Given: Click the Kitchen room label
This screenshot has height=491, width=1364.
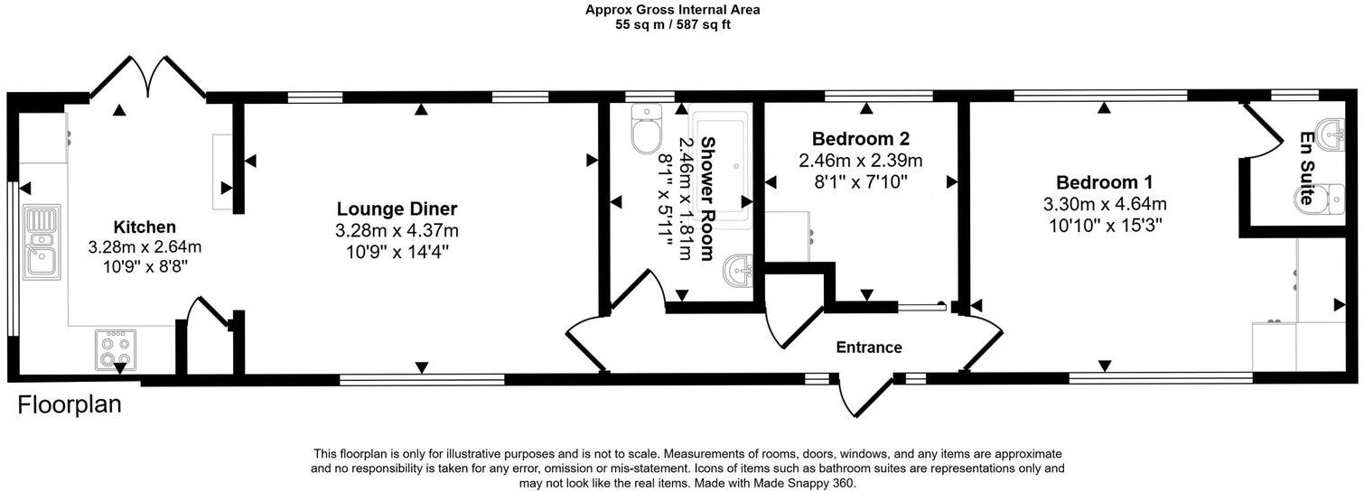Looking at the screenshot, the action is coord(145,227).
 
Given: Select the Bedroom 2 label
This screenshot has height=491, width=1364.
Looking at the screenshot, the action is coord(860,139).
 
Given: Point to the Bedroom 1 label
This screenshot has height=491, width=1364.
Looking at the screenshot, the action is coord(1104,181).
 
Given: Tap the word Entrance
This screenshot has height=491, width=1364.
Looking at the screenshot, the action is coord(868,347).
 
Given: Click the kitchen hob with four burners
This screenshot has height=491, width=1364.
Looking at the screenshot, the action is coord(117,349).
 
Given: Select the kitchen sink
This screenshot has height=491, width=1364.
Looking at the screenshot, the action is coord(42,242).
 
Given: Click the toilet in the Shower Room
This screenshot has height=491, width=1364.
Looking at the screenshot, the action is coord(646,129).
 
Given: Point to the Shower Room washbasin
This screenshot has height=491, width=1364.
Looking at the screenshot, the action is coord(739,269).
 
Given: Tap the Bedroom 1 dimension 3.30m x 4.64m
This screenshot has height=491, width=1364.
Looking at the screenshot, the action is coord(1105,204).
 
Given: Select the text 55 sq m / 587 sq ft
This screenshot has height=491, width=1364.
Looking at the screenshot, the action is coord(672,25).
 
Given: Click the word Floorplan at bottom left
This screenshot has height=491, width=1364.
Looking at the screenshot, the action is coord(70,405).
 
